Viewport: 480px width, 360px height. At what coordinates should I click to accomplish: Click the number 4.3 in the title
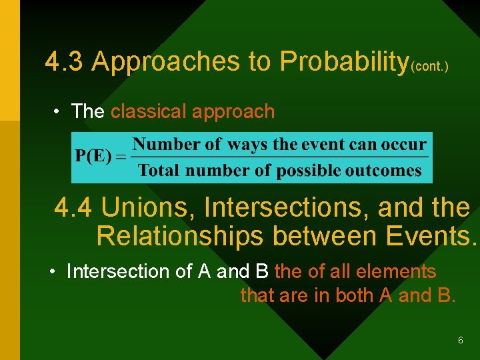pos(65,61)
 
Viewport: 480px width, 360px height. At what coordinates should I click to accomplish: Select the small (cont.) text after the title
pos(429,67)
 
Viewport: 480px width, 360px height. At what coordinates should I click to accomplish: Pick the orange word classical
pos(148,111)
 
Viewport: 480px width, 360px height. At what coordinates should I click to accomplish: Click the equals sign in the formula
pos(122,157)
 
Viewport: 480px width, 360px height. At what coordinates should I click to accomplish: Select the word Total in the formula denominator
pos(159,170)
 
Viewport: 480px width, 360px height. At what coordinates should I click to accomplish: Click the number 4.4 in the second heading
pos(74,208)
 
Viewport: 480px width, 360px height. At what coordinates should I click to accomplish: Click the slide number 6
pos(461,341)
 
